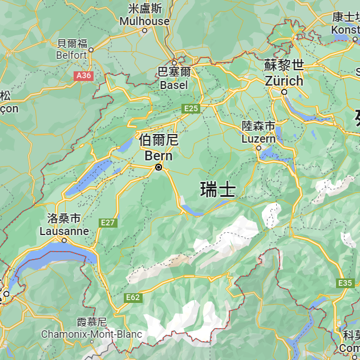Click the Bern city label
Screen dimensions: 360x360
coord(159,155)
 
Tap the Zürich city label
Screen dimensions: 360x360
coord(284,80)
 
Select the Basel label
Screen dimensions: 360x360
coord(174,84)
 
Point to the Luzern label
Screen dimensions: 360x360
coord(258,139)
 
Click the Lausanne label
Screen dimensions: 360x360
coord(64,231)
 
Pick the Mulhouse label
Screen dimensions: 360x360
coord(144,21)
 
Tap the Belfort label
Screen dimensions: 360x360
coord(72,55)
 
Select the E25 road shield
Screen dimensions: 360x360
coord(191,108)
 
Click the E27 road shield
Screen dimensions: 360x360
coord(108,223)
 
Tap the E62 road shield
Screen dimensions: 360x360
coord(133,297)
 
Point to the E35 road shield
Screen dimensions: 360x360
coord(346,283)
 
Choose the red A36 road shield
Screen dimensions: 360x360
coord(83,75)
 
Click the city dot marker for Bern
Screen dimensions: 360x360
coord(159,167)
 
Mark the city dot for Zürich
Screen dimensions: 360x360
coord(284,91)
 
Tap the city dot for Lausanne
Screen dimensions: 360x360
coord(64,240)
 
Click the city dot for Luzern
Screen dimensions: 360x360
coord(258,148)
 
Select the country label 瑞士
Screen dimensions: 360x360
coord(218,189)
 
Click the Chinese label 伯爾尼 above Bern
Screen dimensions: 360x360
coord(159,140)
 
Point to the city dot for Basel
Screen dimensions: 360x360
coord(175,63)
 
